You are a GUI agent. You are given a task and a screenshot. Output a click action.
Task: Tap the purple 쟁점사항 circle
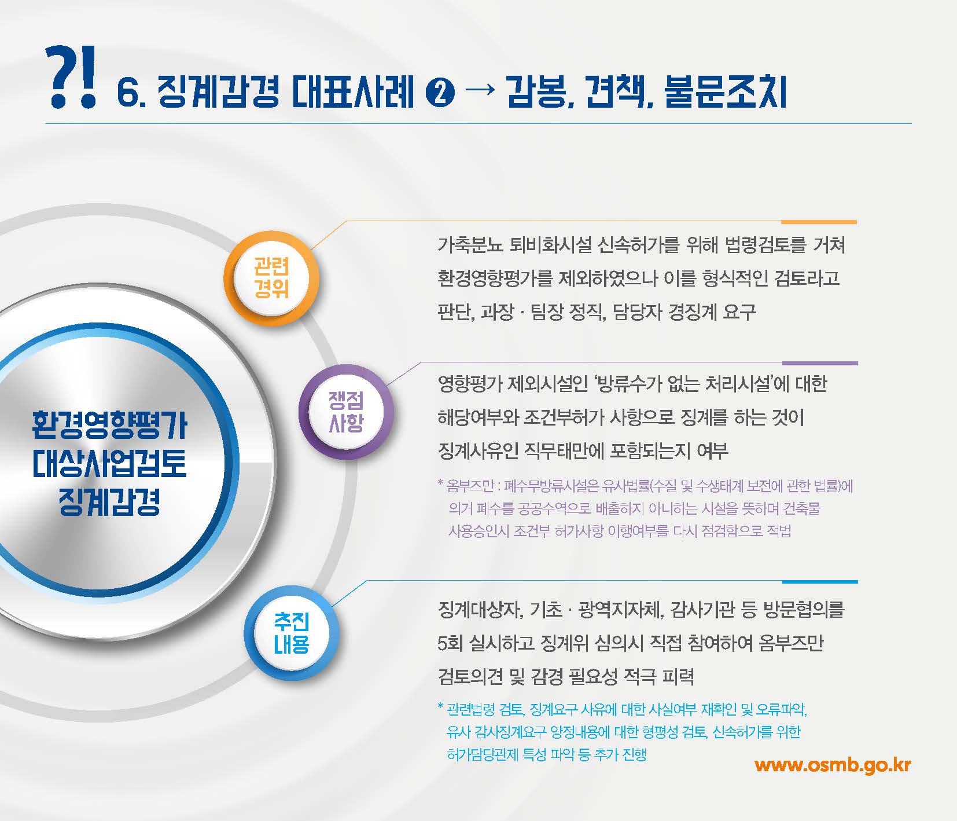[x=345, y=411]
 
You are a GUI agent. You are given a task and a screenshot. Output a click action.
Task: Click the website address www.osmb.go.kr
[x=833, y=765]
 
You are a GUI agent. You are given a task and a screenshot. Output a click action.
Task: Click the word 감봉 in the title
[x=535, y=93]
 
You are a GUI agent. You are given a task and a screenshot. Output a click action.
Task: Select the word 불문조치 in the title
[x=726, y=93]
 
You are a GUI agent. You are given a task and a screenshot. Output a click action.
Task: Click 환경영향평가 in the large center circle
[x=110, y=426]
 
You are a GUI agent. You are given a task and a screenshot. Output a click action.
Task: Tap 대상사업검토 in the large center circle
[x=110, y=464]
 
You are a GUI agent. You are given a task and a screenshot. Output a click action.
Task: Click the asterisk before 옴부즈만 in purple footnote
[x=440, y=483]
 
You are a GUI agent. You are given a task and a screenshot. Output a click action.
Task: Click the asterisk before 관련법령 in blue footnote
[x=440, y=707]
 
